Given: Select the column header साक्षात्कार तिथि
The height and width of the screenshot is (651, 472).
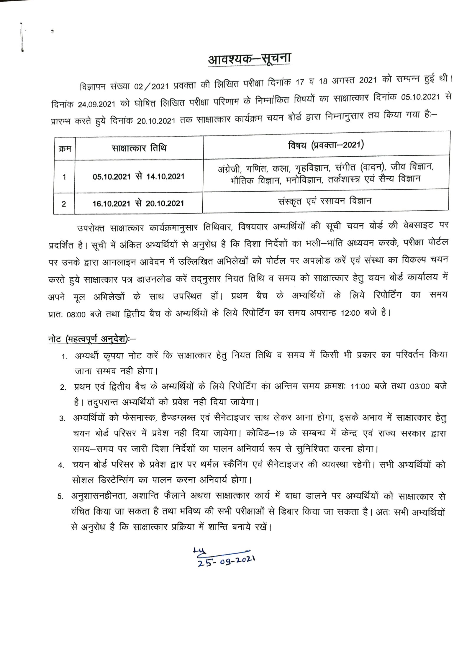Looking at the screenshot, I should coord(139,147).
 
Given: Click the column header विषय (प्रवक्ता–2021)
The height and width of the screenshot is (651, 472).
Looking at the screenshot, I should coord(326,145).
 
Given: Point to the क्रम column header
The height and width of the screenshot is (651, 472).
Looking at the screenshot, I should coord(65,148).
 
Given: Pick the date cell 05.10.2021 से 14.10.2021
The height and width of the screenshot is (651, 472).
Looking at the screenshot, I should coord(138,177).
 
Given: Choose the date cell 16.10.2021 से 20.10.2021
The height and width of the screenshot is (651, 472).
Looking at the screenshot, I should coord(138,203).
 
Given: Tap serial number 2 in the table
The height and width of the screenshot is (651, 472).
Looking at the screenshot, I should coord(64,204).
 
